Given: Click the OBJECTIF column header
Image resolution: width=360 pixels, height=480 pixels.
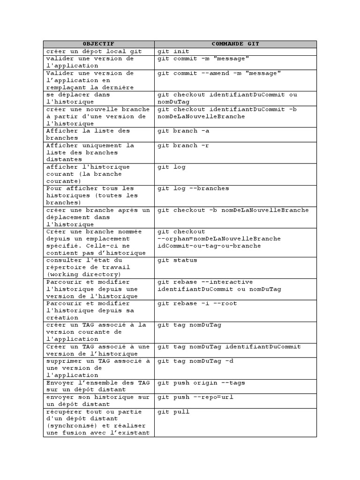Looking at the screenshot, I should tap(98, 44).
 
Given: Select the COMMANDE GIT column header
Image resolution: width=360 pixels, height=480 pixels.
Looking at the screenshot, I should tap(235, 44).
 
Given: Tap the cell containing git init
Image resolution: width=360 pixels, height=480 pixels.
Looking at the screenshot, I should tap(173, 52).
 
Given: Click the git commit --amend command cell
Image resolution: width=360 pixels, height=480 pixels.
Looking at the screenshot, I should tap(219, 74).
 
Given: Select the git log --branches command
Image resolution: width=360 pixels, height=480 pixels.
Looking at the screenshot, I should tap(193, 188).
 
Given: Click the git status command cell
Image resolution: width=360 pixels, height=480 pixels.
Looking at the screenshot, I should tap(177, 260).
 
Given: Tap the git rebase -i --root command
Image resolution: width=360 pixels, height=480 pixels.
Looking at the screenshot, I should tap(197, 303).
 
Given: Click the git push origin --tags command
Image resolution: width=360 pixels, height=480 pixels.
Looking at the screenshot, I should tap(201, 383).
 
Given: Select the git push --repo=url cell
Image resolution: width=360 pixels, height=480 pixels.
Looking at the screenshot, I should tap(195, 397).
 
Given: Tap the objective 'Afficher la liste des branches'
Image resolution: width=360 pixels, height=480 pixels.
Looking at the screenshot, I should tap(88, 134).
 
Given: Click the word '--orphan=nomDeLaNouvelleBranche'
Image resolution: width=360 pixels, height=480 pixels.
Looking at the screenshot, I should tap(219, 239).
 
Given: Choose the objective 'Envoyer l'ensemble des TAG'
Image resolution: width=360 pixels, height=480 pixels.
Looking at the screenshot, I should tap(97, 386).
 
